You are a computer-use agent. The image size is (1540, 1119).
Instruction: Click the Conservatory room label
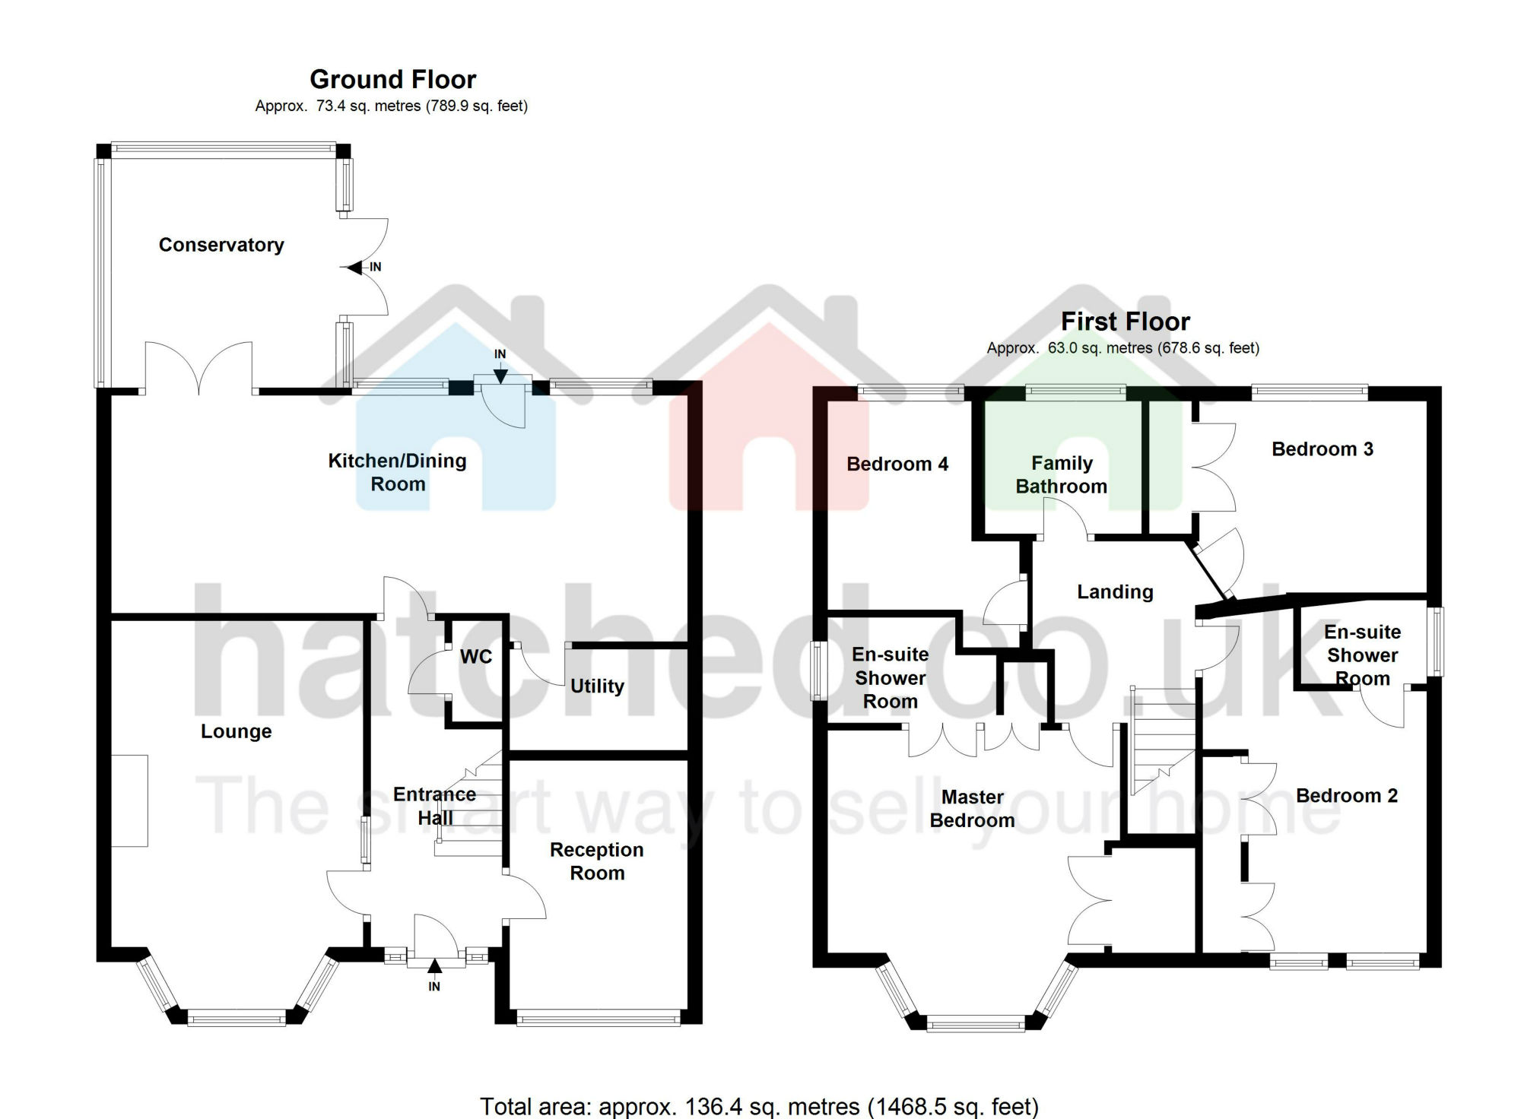point(221,245)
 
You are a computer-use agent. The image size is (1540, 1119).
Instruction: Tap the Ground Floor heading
point(392,79)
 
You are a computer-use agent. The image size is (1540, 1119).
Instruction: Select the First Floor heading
point(1125,322)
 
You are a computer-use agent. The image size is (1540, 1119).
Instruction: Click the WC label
point(476,657)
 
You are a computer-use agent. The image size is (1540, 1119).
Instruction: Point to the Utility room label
point(597,686)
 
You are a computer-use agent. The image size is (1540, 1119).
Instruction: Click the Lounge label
point(236,731)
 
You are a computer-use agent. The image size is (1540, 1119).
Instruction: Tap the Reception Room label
point(597,861)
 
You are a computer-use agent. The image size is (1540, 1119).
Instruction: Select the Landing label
point(1115,592)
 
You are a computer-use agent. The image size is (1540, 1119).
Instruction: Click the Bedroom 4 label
point(897,464)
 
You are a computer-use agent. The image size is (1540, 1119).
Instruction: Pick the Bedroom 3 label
point(1322,449)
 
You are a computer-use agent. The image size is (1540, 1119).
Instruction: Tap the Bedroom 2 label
point(1347,796)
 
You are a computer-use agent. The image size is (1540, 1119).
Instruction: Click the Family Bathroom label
point(1062,474)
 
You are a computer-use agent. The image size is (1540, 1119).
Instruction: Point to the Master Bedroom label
point(972,809)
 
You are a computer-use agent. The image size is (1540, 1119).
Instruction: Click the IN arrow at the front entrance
point(434,968)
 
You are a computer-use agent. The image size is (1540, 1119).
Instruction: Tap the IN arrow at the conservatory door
point(356,268)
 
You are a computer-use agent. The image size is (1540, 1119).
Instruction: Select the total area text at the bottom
point(759,1106)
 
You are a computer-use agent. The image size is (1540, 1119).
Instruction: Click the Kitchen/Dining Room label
point(397,472)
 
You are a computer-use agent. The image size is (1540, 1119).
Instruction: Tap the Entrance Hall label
point(434,806)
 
